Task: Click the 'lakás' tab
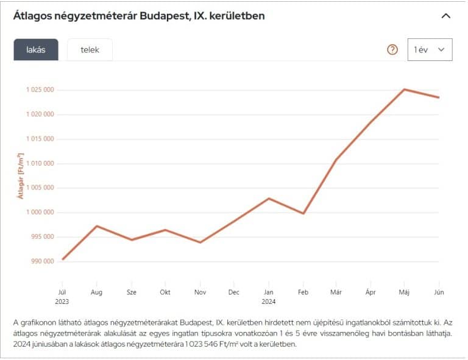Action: pyautogui.click(x=36, y=50)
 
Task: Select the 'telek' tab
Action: pyautogui.click(x=90, y=50)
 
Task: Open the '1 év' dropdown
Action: pyautogui.click(x=430, y=49)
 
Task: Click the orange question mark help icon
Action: pyautogui.click(x=392, y=49)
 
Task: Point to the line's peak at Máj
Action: pyautogui.click(x=404, y=90)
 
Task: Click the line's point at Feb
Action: pyautogui.click(x=303, y=213)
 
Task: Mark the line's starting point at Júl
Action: pyautogui.click(x=62, y=259)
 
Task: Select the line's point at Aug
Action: pyautogui.click(x=96, y=226)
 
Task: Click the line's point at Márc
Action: pyautogui.click(x=336, y=160)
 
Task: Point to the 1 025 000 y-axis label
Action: pyautogui.click(x=40, y=90)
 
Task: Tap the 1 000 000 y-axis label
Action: pyautogui.click(x=40, y=213)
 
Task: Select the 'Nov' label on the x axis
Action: pyautogui.click(x=199, y=292)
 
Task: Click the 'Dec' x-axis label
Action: pyautogui.click(x=234, y=292)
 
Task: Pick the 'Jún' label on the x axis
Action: pyautogui.click(x=439, y=292)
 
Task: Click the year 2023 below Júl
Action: pyautogui.click(x=62, y=301)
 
